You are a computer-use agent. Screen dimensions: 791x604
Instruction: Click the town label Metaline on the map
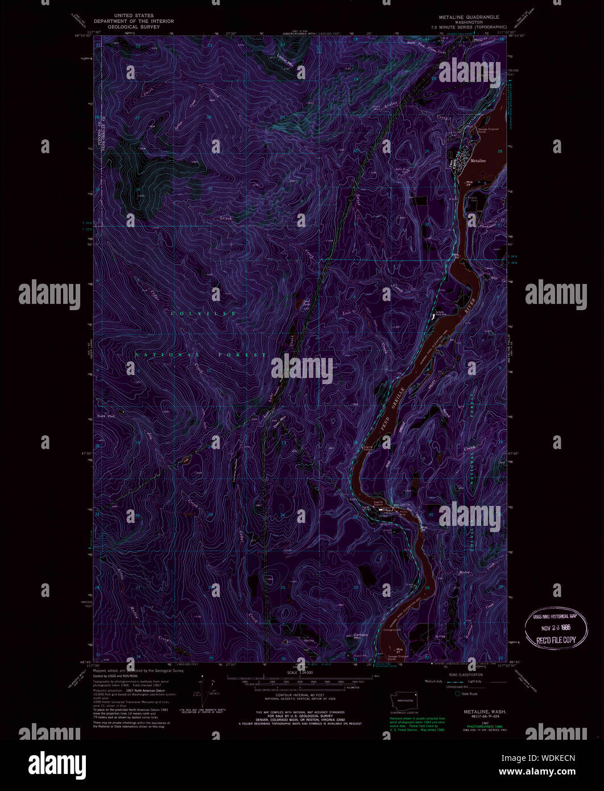click(478, 161)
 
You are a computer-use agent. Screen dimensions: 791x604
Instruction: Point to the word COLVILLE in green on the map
click(202, 314)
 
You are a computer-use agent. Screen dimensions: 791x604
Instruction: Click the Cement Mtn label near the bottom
click(361, 636)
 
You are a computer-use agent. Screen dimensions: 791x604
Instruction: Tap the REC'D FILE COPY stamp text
click(556, 640)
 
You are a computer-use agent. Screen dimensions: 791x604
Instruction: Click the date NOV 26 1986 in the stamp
click(556, 627)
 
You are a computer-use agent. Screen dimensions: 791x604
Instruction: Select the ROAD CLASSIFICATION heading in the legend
click(465, 674)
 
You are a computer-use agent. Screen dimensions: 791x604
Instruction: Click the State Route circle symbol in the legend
click(456, 694)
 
